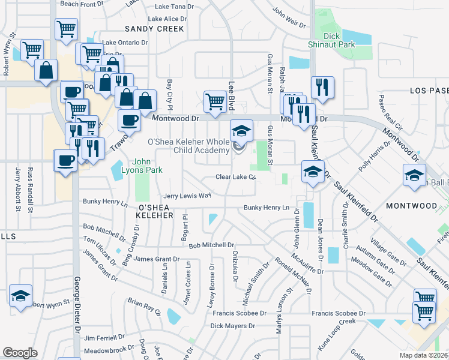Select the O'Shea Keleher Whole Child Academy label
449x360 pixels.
pos(189,146)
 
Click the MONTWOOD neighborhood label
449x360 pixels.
pos(412,206)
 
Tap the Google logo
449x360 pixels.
pos(20,353)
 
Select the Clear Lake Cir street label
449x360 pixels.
pos(237,178)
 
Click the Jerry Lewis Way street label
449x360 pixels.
pos(187,196)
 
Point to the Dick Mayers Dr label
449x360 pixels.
pos(233,326)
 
